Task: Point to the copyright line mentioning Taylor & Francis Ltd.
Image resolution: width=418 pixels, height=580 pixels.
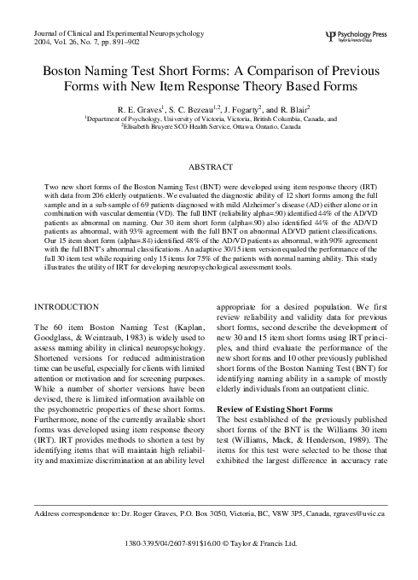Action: (208, 565)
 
